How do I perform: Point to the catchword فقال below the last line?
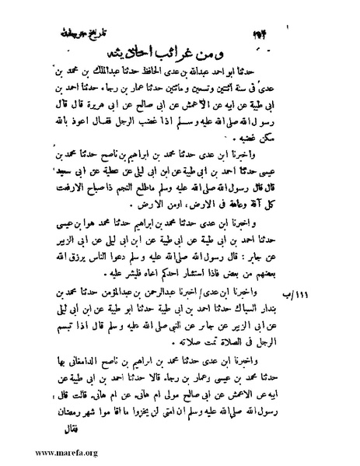pos(67,428)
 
